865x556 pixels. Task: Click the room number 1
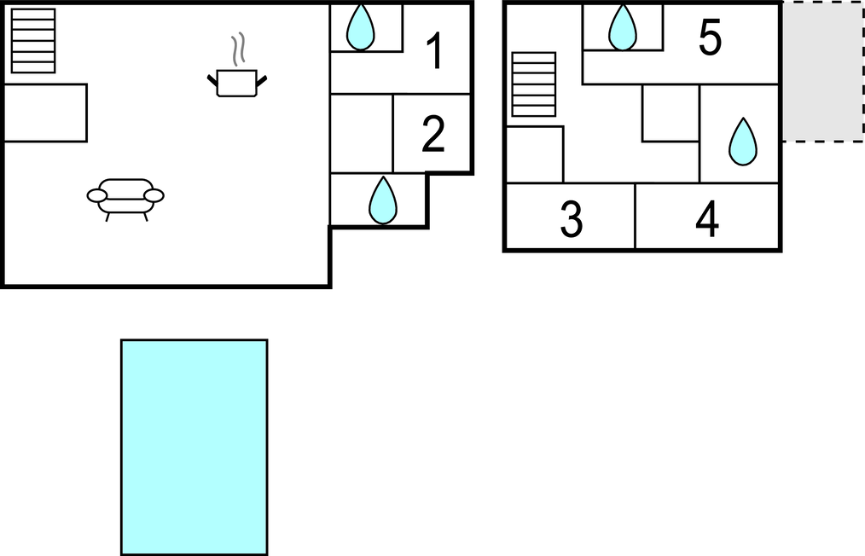435,51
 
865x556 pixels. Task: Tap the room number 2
433,135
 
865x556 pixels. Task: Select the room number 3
572,219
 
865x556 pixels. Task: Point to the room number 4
707,219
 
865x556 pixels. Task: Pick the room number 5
710,38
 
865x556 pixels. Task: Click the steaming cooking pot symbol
237,83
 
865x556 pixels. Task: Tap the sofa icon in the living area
125,197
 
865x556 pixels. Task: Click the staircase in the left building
33,40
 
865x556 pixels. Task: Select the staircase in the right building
534,84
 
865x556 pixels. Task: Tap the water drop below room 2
383,200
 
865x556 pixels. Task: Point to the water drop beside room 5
623,27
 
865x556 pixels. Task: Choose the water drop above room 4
743,142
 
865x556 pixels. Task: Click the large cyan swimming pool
194,447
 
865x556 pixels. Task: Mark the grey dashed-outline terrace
822,72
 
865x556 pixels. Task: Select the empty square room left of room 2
361,133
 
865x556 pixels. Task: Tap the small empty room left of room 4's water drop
671,113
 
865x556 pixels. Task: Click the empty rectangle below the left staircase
45,113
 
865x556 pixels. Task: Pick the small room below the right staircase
535,154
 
